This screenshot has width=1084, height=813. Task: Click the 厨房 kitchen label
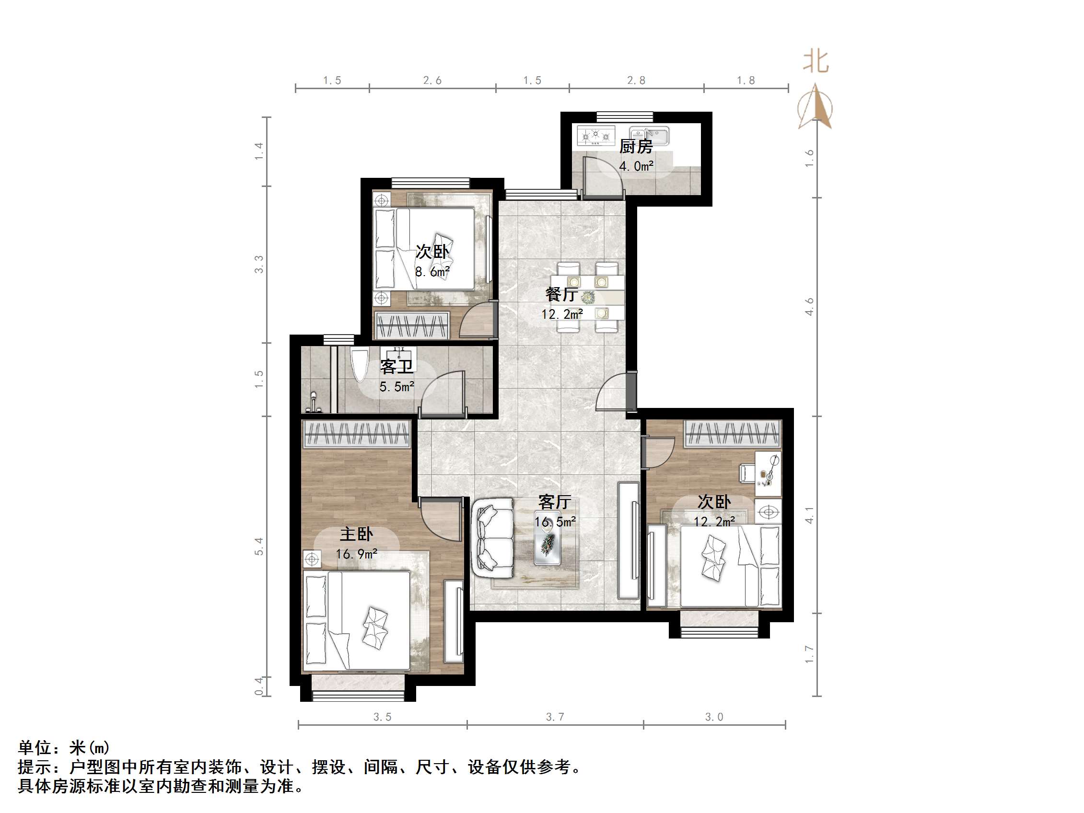point(636,146)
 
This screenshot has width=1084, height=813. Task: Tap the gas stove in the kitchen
point(595,135)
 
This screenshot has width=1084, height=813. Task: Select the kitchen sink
point(649,135)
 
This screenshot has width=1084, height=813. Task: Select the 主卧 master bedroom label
point(356,534)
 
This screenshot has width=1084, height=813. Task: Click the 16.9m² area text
point(356,554)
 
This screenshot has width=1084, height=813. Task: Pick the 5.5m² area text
point(396,387)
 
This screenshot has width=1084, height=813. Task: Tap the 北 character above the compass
point(816,62)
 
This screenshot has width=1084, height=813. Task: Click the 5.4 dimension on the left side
point(259,546)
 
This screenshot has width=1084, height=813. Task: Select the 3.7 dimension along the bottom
point(555,717)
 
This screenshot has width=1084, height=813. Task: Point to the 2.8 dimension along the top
point(636,80)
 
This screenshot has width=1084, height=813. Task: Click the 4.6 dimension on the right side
point(809,306)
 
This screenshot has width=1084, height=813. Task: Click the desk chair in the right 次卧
point(746,472)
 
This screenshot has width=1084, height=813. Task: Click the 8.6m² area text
point(432,271)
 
